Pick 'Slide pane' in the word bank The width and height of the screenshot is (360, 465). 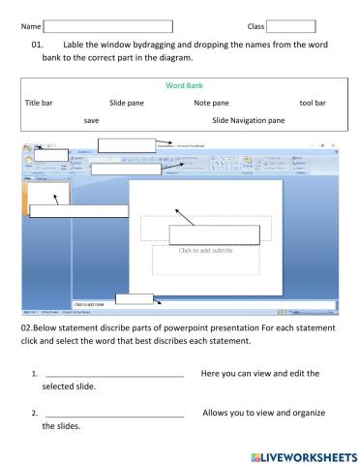coord(130,102)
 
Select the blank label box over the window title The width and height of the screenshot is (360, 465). coord(133,145)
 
